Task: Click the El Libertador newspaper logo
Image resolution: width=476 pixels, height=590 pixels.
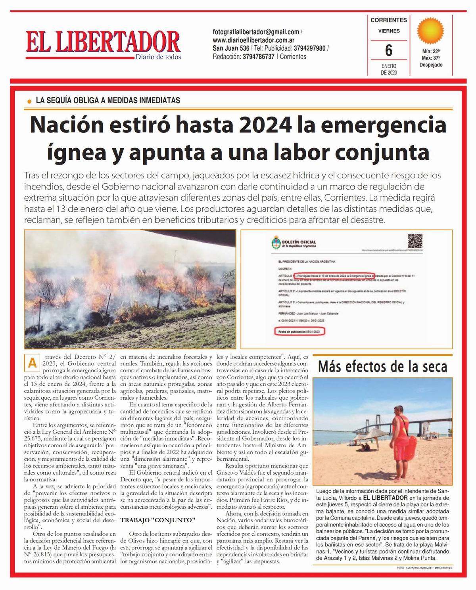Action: (x=103, y=42)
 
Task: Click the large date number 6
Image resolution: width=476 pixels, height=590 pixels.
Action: (x=388, y=50)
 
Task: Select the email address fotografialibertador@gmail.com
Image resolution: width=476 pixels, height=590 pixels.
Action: (x=256, y=32)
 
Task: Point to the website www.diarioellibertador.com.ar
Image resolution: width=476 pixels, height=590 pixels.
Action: (x=253, y=40)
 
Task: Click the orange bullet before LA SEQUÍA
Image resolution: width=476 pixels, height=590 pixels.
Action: (x=29, y=102)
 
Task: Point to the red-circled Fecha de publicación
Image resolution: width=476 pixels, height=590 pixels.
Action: (x=299, y=331)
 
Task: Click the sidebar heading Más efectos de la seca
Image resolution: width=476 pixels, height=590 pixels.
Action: (x=382, y=366)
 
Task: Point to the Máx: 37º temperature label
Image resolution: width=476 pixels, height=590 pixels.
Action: (x=431, y=58)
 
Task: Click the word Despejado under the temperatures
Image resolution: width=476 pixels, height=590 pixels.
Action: (x=431, y=65)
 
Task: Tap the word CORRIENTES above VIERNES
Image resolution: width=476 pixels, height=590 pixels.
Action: (x=388, y=20)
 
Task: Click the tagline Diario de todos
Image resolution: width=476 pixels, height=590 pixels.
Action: (x=158, y=57)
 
